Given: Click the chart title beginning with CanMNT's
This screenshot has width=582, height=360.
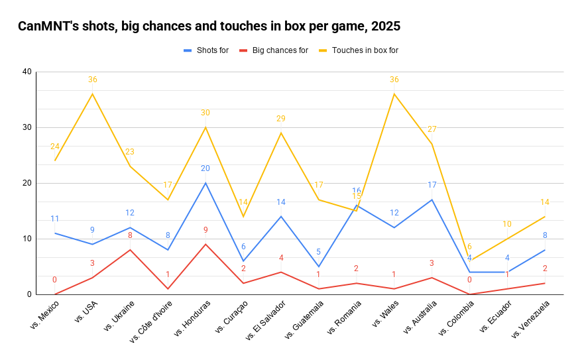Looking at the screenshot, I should (209, 27).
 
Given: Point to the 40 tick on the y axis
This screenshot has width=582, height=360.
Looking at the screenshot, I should (27, 72).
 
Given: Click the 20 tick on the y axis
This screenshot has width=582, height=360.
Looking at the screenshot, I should (27, 183).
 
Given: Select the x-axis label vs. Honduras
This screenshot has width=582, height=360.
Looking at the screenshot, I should (193, 319).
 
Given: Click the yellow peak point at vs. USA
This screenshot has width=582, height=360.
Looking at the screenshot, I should (92, 93).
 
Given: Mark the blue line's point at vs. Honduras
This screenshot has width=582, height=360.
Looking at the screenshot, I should (205, 183).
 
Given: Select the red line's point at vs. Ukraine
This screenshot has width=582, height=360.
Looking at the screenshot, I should (130, 250).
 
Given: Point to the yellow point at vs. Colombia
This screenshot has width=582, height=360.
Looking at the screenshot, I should (469, 261).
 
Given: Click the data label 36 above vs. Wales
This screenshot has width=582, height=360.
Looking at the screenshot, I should (394, 80).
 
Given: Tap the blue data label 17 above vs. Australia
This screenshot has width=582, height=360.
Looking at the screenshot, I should (432, 185).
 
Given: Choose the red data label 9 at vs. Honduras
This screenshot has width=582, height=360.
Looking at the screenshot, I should (205, 230).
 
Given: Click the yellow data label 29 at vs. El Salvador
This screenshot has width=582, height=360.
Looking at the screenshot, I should (281, 119).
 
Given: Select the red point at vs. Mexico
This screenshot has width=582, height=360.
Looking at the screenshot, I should (54, 294).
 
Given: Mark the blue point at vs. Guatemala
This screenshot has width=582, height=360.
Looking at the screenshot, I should (319, 267).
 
